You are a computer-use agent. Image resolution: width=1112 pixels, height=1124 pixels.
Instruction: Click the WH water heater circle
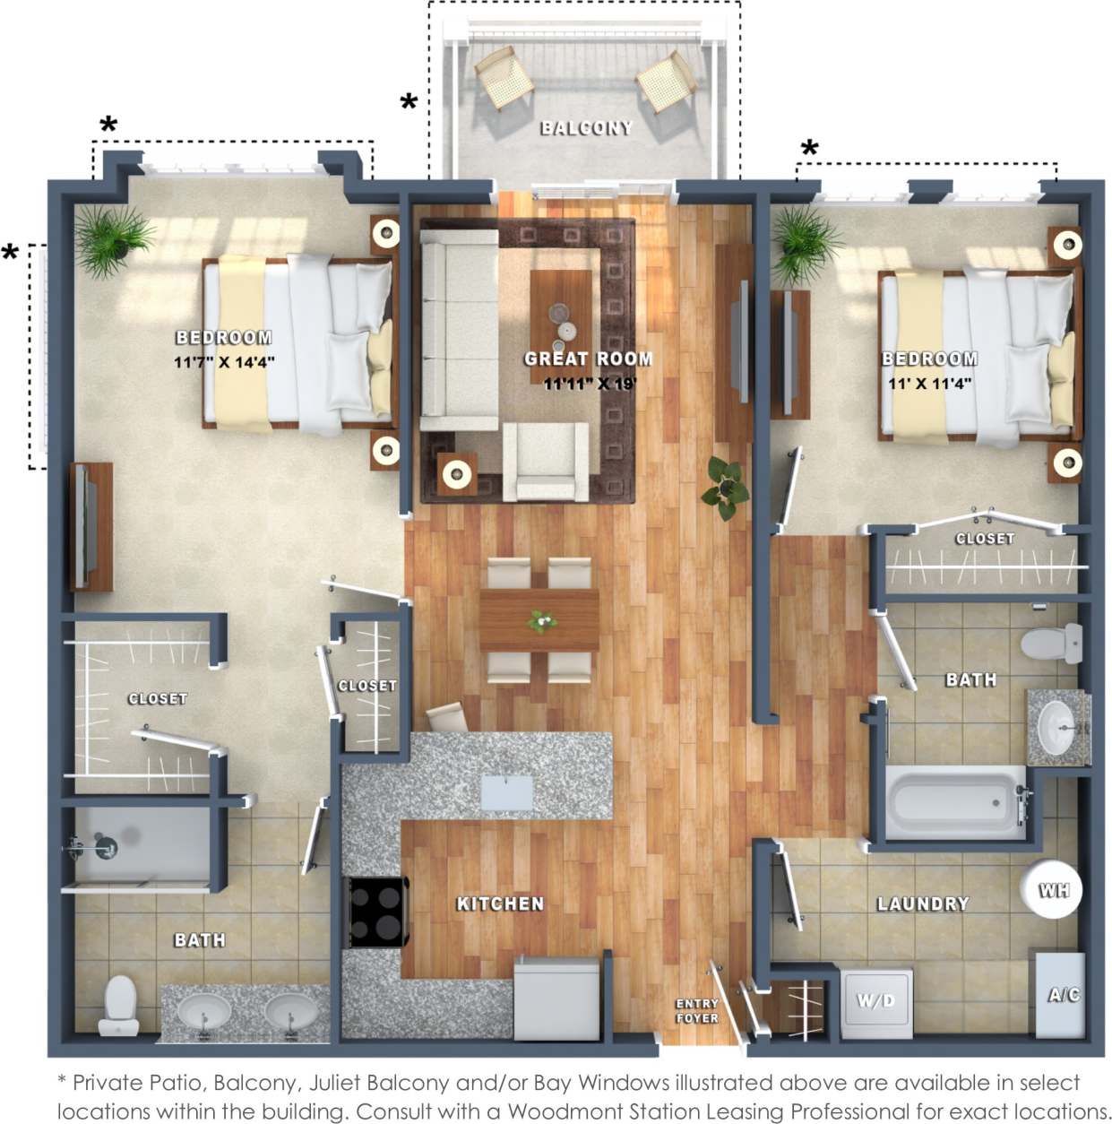[1052, 890]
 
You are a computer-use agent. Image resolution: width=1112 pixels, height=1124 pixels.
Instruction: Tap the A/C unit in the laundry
[1061, 994]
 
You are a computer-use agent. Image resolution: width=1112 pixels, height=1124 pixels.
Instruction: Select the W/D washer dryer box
[876, 1001]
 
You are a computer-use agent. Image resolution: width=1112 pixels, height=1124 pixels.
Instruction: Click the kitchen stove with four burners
[377, 912]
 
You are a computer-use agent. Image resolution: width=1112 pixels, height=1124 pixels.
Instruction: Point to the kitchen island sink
[506, 793]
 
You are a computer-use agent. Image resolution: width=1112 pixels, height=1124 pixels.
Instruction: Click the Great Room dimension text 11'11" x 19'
[590, 385]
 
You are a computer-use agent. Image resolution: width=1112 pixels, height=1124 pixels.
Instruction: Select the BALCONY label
[586, 128]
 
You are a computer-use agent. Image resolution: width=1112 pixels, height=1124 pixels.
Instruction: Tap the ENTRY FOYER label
[697, 1010]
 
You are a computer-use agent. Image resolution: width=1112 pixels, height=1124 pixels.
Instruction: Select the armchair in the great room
[545, 462]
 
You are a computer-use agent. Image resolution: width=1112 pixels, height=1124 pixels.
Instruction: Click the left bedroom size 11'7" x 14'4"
[224, 363]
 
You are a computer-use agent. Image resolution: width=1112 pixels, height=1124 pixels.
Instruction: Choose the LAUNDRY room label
[923, 904]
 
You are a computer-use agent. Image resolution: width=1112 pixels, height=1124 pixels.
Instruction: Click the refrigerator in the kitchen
[557, 998]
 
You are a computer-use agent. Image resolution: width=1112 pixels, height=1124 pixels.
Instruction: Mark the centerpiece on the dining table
[540, 620]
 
